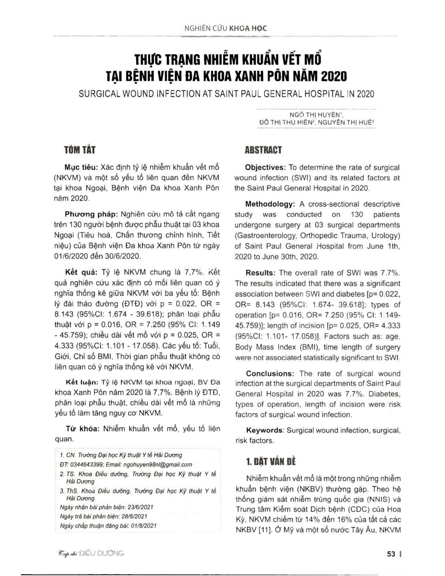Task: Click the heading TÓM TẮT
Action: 80,150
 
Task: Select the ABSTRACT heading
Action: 263,150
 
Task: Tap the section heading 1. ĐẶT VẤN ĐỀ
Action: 271,462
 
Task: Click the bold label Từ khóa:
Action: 82,429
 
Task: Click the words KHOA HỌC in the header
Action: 248,29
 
